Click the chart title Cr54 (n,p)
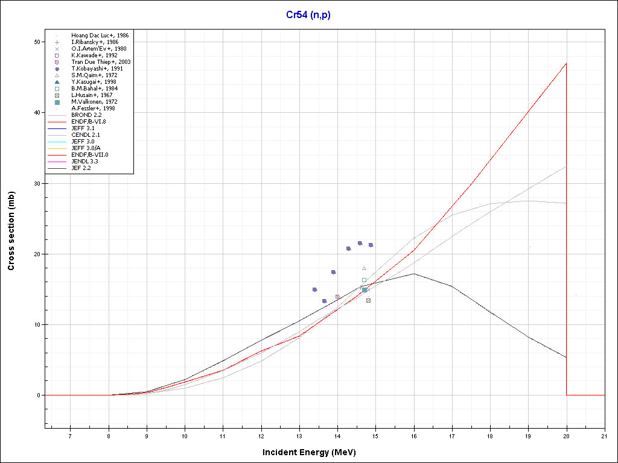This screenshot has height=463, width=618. point(308,15)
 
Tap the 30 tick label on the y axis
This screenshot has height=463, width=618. point(37,183)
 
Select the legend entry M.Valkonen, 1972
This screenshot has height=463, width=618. point(94,102)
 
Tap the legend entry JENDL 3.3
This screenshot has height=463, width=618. point(85,162)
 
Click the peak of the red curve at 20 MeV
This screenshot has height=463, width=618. point(566,63)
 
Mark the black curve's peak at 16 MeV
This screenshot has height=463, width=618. point(414,274)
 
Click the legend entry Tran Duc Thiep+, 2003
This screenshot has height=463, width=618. point(100,62)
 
